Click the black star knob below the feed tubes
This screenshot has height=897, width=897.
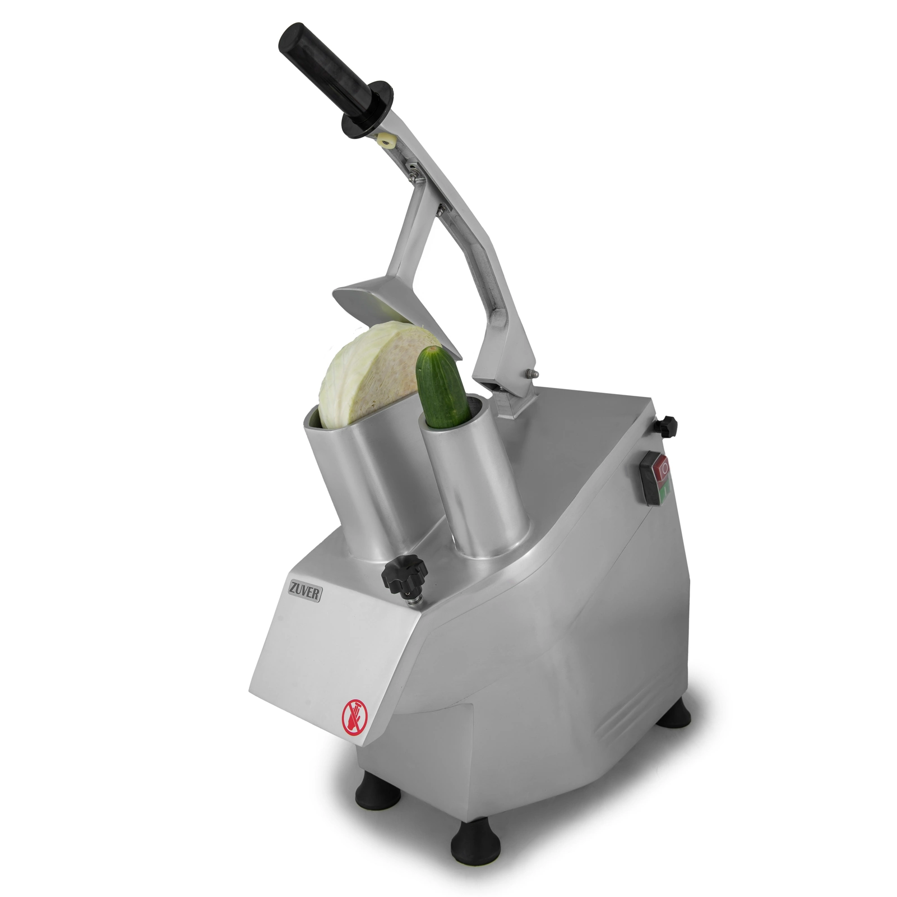click(404, 577)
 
